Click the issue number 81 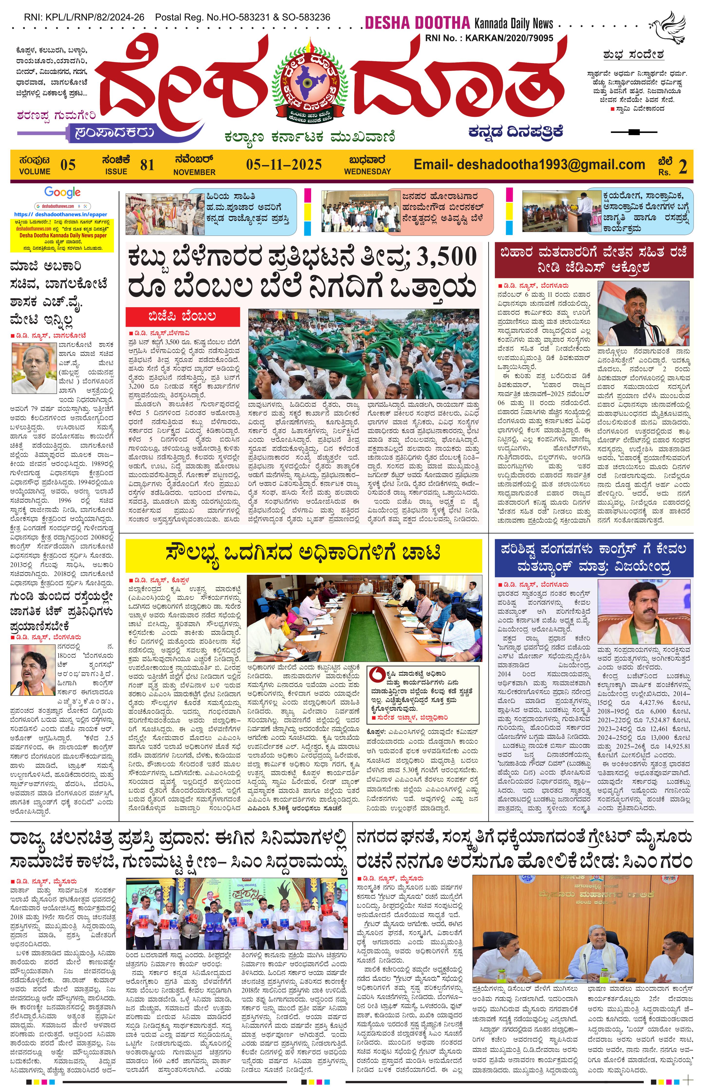click(x=147, y=165)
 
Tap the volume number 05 click(x=68, y=165)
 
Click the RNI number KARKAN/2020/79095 click(x=489, y=38)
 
